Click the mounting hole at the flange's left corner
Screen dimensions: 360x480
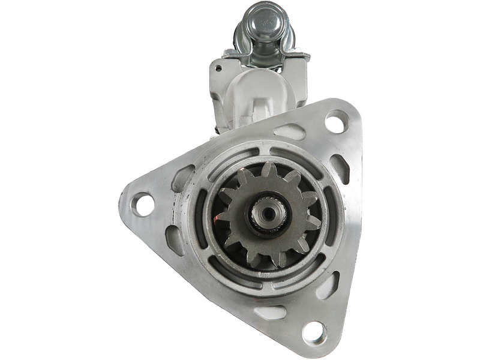(x=142, y=204)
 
